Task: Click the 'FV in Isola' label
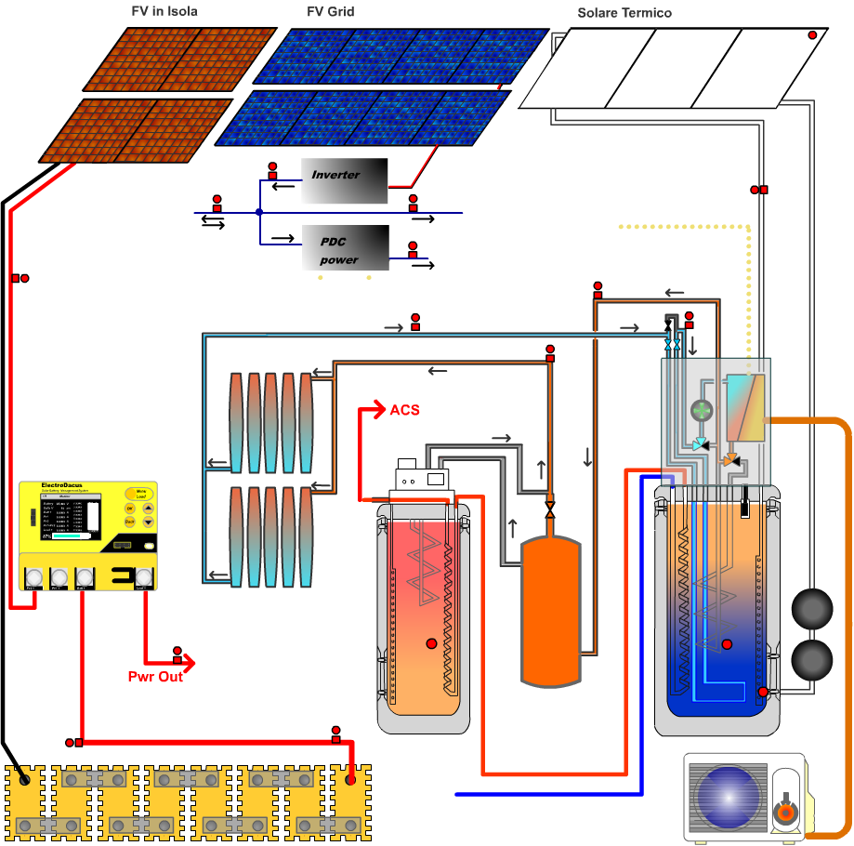coord(164,12)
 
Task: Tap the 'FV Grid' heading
coord(330,12)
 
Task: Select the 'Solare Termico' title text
coord(624,13)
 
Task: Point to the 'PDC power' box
coord(345,248)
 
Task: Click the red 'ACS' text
coord(404,410)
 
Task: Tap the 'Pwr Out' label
coord(155,677)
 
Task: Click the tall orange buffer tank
coord(551,610)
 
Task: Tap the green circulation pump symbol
coord(701,410)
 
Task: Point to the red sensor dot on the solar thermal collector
coord(812,35)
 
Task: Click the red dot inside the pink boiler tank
coord(431,643)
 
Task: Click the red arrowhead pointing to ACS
coord(377,409)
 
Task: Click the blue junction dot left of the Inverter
coord(259,213)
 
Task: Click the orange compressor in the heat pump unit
coord(785,812)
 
